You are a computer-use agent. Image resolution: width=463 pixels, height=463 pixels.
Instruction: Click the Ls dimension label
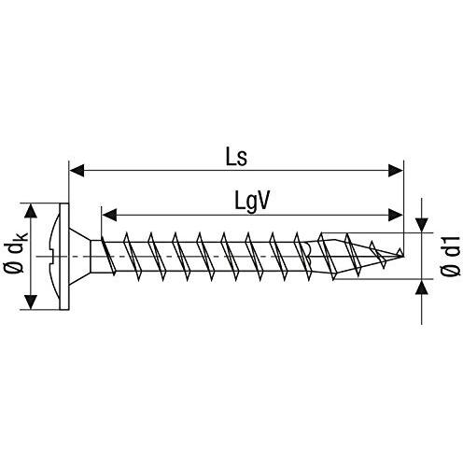click(236, 158)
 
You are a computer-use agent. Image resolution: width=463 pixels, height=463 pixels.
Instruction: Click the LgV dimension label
click(251, 203)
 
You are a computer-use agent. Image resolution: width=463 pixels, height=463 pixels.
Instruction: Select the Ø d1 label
click(450, 256)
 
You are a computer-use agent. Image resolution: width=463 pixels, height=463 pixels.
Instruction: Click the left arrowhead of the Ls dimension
click(77, 171)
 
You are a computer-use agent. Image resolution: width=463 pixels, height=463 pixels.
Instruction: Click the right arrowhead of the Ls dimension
click(396, 171)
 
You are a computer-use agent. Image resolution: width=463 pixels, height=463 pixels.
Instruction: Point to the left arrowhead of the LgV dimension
click(109, 215)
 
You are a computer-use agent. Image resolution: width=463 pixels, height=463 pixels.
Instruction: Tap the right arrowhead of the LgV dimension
click(396, 215)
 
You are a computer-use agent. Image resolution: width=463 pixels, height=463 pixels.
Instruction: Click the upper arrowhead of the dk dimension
click(30, 211)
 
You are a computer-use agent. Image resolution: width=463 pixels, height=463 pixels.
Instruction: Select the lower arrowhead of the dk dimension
click(30, 302)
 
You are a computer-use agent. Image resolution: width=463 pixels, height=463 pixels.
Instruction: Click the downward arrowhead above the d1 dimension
click(422, 225)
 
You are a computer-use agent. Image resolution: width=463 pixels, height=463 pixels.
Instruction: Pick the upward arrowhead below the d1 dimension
click(422, 287)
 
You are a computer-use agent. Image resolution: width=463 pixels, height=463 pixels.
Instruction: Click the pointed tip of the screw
click(403, 257)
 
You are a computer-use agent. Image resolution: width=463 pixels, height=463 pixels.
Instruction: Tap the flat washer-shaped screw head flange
click(63, 257)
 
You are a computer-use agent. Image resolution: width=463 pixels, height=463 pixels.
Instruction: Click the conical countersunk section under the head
click(79, 257)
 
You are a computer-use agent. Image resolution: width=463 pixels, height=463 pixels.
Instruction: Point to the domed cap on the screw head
click(53, 257)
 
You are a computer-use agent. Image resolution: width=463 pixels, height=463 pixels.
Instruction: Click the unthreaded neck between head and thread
click(96, 257)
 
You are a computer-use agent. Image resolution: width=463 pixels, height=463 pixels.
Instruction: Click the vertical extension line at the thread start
click(101, 223)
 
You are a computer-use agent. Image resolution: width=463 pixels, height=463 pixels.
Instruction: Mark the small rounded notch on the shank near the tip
click(308, 252)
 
